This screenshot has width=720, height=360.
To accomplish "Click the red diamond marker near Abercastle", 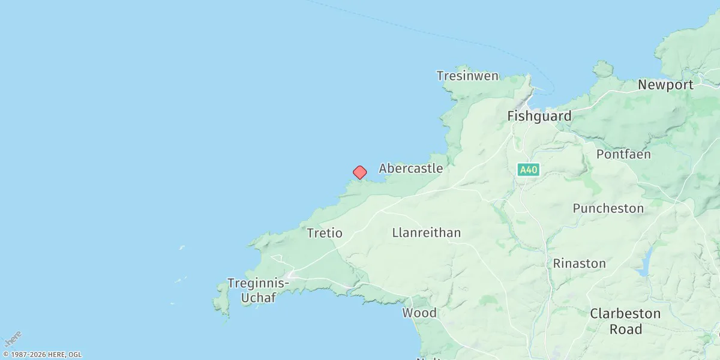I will point(359,173).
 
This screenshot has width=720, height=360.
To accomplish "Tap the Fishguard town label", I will point(539,116).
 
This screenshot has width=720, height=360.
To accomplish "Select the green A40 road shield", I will point(529,170).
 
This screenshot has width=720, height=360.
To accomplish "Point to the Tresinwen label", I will point(467,76).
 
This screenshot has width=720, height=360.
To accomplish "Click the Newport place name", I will point(665,85).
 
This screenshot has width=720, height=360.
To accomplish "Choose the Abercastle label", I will point(411,169).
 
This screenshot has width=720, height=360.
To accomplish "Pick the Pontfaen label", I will point(623,154).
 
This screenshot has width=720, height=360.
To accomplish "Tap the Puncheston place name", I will point(608,209).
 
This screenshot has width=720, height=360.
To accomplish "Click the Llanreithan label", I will point(427,233).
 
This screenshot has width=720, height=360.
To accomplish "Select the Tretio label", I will point(325,233).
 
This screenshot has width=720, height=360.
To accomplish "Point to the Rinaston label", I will point(579,263).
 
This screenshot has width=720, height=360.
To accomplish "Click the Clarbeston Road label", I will point(625,321).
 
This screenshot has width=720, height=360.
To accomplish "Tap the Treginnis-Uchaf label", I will point(259,290).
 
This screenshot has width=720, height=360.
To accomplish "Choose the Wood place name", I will point(419,313).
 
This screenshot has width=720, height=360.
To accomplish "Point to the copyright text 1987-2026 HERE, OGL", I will point(42,355).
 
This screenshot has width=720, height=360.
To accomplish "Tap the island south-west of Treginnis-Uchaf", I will point(222,300).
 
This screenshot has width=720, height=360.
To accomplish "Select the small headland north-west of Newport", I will point(602,69).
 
